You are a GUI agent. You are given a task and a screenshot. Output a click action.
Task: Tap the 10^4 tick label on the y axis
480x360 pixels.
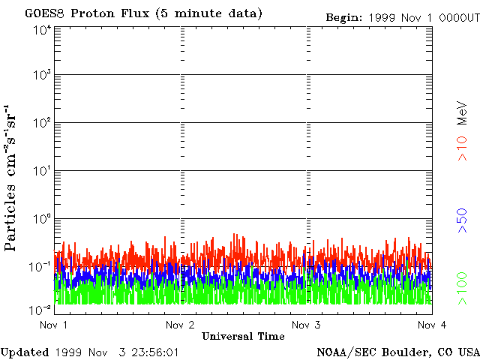point(42,29)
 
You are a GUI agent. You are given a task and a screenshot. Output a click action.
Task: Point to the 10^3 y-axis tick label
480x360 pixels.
point(42,76)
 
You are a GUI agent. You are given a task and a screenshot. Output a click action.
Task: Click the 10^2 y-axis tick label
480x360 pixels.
point(42,124)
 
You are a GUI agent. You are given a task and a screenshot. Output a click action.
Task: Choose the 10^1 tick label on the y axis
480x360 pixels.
point(42,172)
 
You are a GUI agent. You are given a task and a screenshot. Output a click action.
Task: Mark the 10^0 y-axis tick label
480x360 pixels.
point(42,220)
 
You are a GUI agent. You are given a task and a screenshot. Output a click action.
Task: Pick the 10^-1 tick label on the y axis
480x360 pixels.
point(41,267)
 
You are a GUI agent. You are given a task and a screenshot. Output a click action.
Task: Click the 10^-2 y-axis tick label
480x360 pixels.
point(41,309)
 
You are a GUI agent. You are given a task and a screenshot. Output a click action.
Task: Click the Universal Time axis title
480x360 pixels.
point(243,336)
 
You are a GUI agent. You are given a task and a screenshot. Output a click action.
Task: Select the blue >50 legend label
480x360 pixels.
point(463,223)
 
